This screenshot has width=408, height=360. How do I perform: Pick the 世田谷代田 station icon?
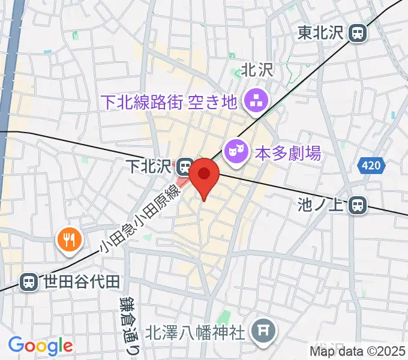[x=28, y=281]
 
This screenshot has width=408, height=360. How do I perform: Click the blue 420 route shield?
[x=371, y=166]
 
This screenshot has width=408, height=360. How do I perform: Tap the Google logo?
[x=40, y=345]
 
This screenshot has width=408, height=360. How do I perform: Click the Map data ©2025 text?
[x=358, y=351]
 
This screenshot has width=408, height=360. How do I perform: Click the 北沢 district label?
[x=256, y=70]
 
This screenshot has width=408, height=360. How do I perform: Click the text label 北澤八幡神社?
[x=196, y=331]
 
